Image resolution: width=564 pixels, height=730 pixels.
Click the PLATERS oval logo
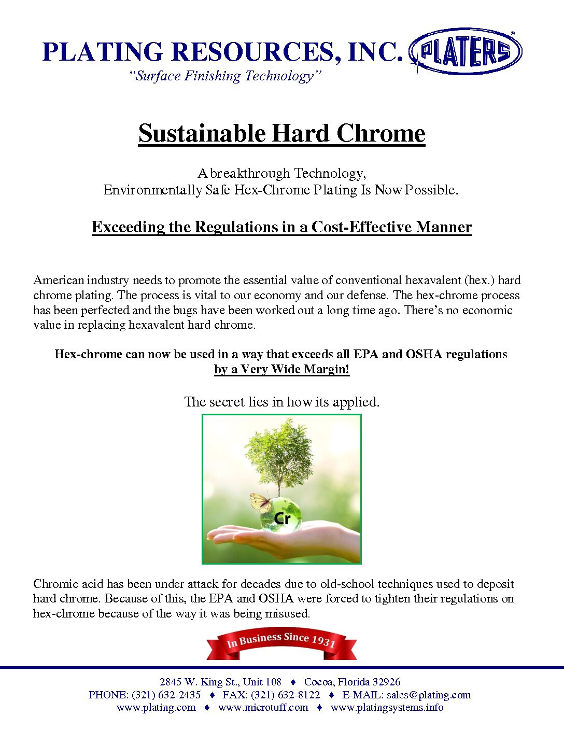click(x=465, y=51)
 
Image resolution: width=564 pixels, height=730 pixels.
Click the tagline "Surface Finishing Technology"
click(x=225, y=76)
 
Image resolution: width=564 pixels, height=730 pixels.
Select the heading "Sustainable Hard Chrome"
click(x=281, y=133)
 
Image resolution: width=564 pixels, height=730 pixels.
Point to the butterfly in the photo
click(x=260, y=502)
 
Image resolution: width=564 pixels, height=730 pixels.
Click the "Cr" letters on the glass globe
click(x=282, y=518)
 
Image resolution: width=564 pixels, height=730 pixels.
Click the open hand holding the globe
click(x=290, y=542)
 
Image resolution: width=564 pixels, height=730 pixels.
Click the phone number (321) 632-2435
click(x=166, y=695)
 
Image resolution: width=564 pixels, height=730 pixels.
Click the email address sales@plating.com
click(x=429, y=695)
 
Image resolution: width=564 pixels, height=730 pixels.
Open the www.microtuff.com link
click(x=263, y=707)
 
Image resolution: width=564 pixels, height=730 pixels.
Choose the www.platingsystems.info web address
click(x=387, y=707)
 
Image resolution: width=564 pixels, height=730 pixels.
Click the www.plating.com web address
click(x=156, y=707)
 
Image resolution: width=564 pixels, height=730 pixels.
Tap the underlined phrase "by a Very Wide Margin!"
click(x=281, y=369)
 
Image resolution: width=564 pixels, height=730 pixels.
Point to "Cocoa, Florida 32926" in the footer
click(x=352, y=682)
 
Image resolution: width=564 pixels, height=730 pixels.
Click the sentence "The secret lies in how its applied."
click(x=281, y=402)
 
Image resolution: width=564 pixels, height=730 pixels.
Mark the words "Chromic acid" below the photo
click(x=68, y=584)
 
